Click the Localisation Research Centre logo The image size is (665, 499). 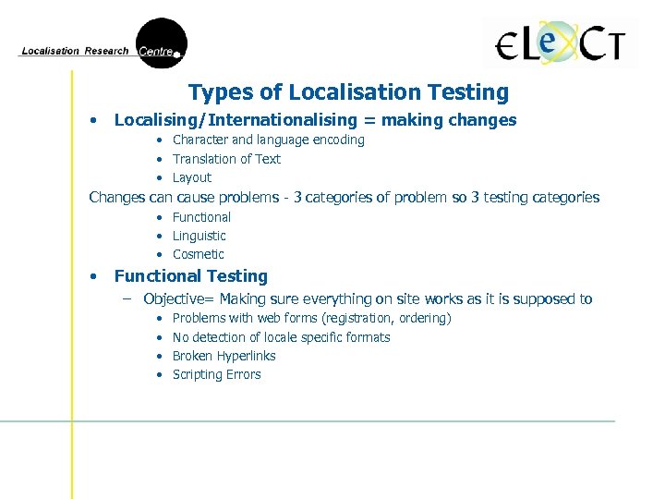tap(102, 47)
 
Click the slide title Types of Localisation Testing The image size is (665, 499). tap(348, 92)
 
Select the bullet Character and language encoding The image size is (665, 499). tap(268, 140)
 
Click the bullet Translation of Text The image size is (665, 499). tap(226, 159)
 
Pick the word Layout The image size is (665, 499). tap(192, 177)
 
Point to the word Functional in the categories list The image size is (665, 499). tap(201, 217)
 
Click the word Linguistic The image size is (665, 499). tap(199, 236)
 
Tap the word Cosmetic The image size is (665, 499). tap(198, 254)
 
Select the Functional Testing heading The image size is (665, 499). tap(190, 276)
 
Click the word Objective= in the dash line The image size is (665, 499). tap(178, 299)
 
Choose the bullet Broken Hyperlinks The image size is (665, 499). tap(224, 356)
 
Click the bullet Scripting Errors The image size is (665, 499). tap(216, 374)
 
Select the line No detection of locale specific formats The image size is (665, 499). tap(281, 337)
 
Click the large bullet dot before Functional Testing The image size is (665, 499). tap(93, 276)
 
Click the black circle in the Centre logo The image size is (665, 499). tap(163, 42)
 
